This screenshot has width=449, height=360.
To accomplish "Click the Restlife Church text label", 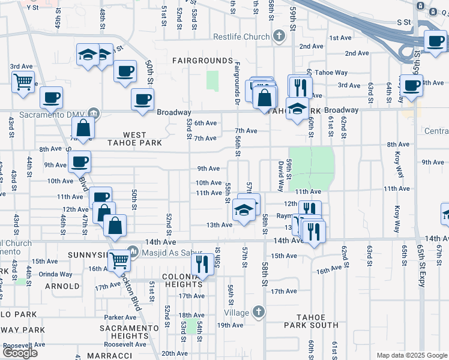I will point(241,37).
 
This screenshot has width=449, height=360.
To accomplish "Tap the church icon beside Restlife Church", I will point(279,37).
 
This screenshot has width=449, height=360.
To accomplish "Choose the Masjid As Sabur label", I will point(169,253).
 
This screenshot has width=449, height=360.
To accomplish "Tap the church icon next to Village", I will point(258,312).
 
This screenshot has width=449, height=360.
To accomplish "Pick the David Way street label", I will point(280,175).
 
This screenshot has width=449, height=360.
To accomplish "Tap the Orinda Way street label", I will point(46,273).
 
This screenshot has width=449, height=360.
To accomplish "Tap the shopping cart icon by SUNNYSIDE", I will point(120,259).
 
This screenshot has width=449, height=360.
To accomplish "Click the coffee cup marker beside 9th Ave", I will point(79,161).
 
